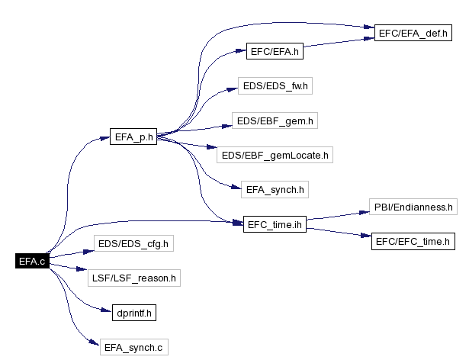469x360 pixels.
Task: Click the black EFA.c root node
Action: coord(32,261)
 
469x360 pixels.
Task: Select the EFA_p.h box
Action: coord(133,137)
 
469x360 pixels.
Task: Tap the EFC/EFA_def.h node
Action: coord(413,33)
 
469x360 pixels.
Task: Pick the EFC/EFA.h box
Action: coord(275,51)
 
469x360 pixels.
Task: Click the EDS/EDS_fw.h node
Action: coord(275,86)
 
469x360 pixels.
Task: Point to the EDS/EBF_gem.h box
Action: coord(275,121)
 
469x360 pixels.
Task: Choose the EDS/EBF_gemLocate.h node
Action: coord(275,155)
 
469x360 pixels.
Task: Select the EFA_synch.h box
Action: coord(275,189)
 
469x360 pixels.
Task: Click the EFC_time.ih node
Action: coord(275,224)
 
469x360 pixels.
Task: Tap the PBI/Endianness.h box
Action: coord(413,207)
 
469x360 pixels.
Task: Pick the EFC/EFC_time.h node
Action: coord(413,241)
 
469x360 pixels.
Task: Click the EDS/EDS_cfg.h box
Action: coord(133,243)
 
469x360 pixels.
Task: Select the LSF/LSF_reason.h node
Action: coord(134,278)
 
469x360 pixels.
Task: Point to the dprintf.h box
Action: coord(134,313)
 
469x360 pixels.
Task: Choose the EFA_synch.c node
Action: coord(134,347)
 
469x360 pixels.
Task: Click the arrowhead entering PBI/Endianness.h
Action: coord(365,212)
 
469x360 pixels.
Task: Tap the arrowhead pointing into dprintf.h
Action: coord(107,310)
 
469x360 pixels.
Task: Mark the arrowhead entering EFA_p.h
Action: coord(104,138)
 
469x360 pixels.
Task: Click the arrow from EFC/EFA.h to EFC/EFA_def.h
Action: coord(339,42)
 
